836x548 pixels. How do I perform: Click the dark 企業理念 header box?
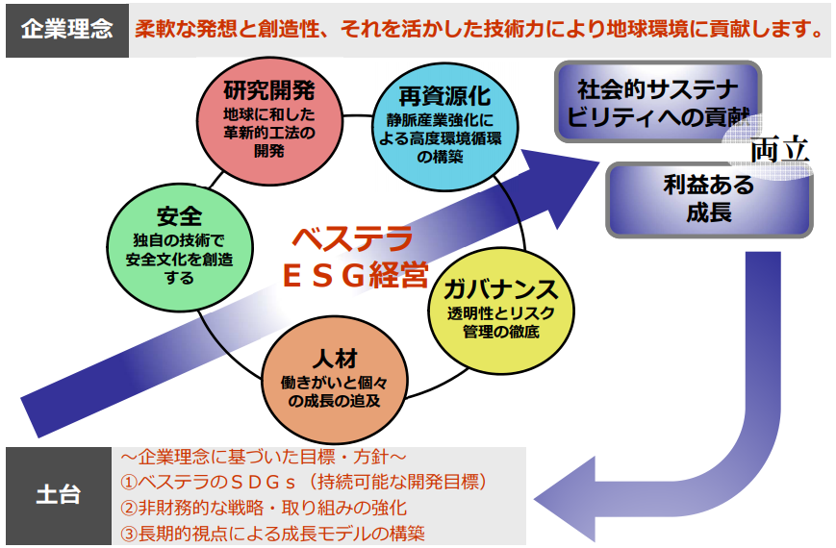(x=67, y=31)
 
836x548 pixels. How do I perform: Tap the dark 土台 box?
(x=59, y=496)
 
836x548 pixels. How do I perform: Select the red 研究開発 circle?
(x=269, y=121)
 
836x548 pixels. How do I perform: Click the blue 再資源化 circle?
(x=444, y=127)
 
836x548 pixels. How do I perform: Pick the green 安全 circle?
(x=180, y=247)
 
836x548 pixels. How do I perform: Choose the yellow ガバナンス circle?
(x=501, y=311)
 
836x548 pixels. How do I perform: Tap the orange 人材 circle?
(x=335, y=380)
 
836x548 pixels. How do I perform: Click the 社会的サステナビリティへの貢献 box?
(x=658, y=102)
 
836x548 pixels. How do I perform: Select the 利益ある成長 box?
(x=709, y=199)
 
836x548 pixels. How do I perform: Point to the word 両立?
(x=780, y=150)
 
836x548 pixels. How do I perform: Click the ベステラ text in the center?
(x=353, y=238)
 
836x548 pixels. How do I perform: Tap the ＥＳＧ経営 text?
(x=356, y=276)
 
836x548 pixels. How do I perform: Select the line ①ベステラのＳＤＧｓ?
(x=304, y=482)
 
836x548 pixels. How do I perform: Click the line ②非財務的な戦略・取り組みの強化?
(x=264, y=508)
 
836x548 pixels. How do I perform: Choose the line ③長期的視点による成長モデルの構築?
(x=272, y=533)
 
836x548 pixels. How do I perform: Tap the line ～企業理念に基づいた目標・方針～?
(x=264, y=457)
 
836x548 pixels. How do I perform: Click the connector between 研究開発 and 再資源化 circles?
(x=358, y=115)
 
